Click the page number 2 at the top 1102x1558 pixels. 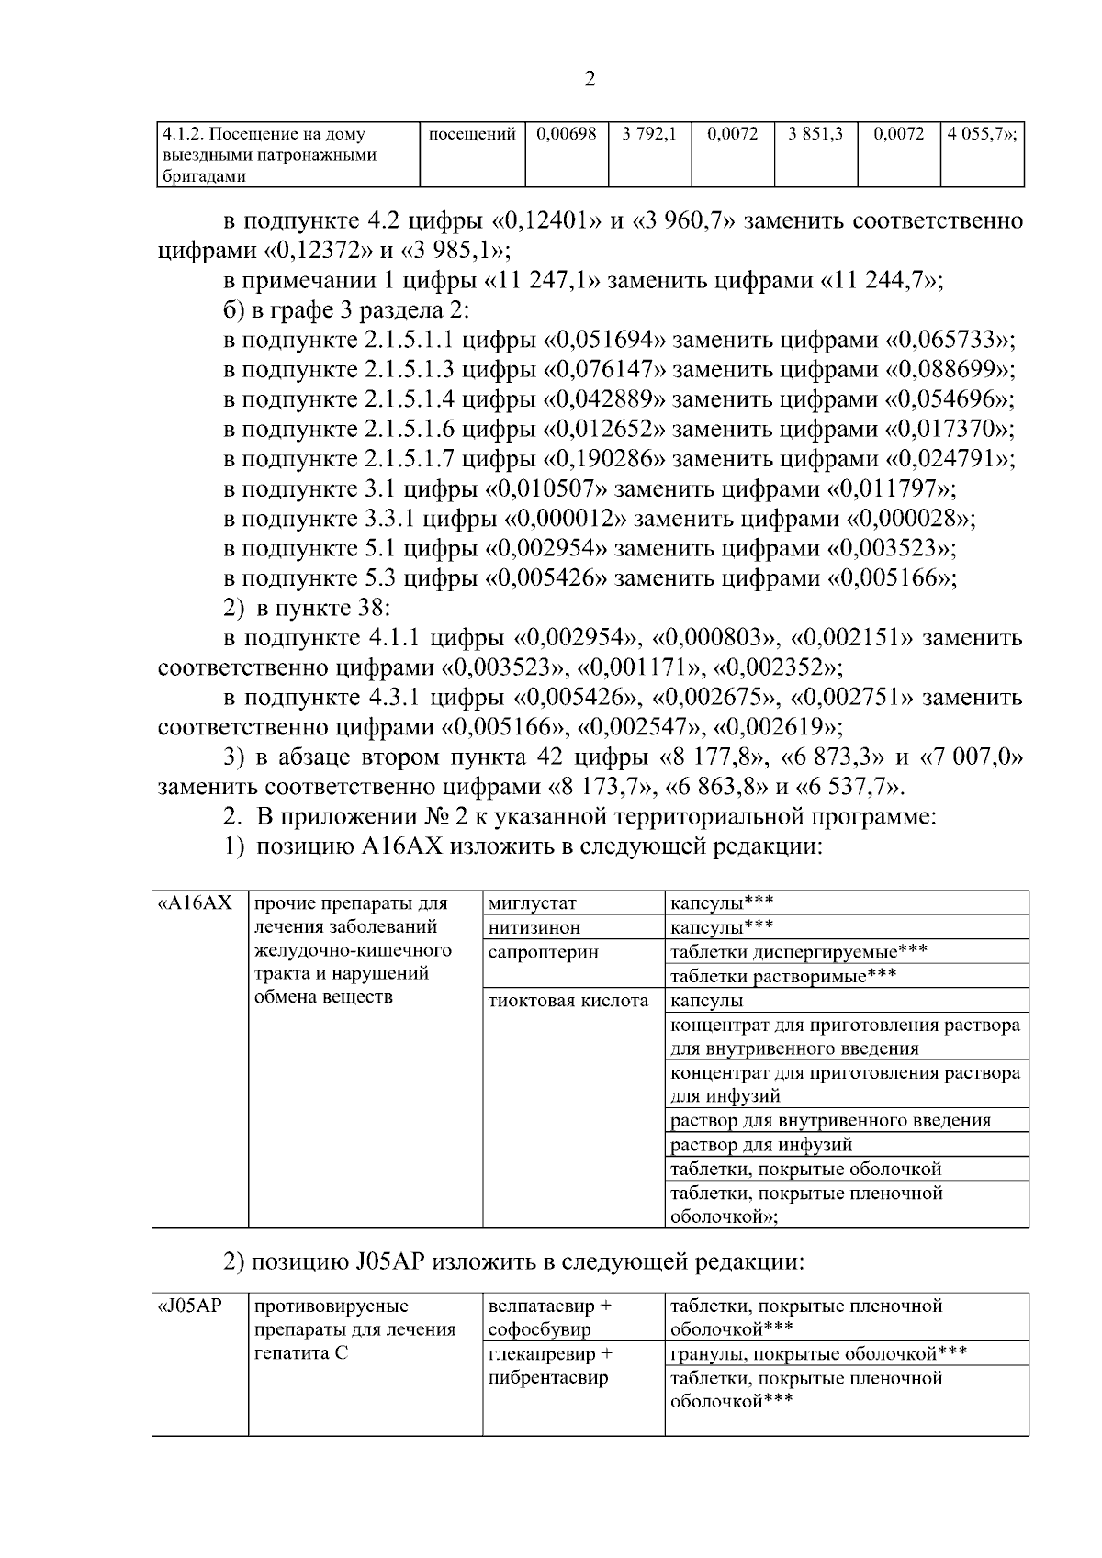click(x=590, y=79)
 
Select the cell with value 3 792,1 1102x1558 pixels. click(x=648, y=134)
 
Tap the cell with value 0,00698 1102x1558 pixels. click(x=567, y=134)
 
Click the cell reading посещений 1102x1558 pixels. click(x=472, y=134)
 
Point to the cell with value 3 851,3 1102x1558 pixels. click(x=815, y=134)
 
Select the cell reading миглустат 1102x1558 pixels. click(x=533, y=902)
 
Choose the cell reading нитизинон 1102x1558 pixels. click(x=534, y=927)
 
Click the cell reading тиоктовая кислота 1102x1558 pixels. click(x=568, y=1001)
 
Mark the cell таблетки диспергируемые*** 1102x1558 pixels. click(x=798, y=952)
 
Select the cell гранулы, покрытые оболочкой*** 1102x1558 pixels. click(x=818, y=1353)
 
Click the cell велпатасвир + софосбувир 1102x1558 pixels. click(x=550, y=1317)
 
